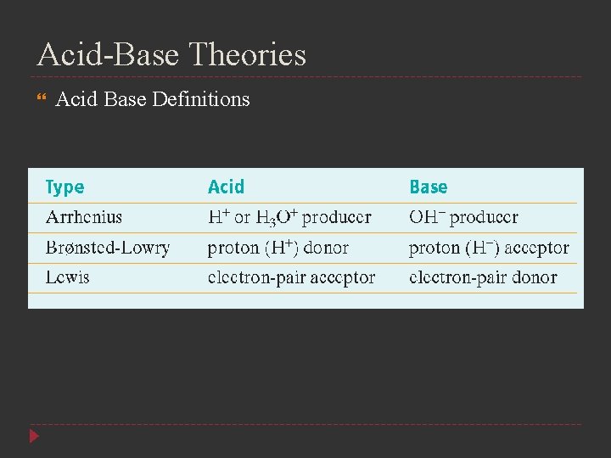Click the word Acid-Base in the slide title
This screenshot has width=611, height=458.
tap(108, 55)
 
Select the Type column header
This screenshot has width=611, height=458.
tap(65, 187)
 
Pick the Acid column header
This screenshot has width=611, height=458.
tap(226, 187)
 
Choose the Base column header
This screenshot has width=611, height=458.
tap(429, 187)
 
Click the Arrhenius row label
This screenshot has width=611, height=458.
tap(83, 217)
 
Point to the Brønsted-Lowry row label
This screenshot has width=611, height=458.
tap(108, 248)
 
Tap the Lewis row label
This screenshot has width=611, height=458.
tap(67, 277)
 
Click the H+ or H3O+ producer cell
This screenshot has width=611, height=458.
tap(289, 217)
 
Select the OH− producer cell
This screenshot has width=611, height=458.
tap(463, 217)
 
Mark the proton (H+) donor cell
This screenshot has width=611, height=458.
tap(278, 248)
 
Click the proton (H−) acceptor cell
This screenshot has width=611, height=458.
tap(489, 248)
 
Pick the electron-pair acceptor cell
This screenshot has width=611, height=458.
tap(291, 277)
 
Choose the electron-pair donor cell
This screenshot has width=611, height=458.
tap(483, 277)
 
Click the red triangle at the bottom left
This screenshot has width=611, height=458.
tap(34, 437)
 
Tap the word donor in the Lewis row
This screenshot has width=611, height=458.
tap(534, 277)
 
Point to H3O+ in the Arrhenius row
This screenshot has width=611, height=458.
tap(277, 217)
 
